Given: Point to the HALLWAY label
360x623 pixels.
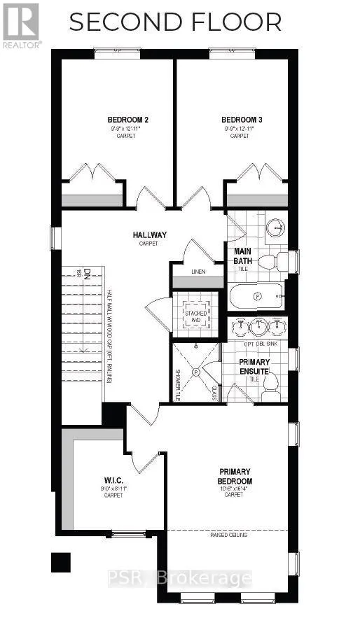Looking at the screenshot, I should (148, 235).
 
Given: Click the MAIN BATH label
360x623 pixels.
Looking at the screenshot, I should (242, 256).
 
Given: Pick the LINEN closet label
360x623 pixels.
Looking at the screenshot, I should (198, 272).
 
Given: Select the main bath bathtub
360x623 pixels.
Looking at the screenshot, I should (256, 296).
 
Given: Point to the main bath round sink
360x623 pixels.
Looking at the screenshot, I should (277, 227).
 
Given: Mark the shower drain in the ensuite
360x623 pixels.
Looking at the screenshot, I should (196, 372).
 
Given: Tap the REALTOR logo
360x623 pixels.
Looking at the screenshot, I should (22, 23).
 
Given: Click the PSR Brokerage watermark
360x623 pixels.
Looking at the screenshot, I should (179, 578).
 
